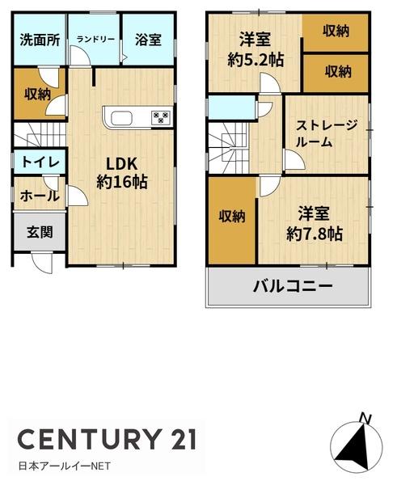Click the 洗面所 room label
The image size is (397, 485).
(x=40, y=40)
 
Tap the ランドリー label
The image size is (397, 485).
(x=95, y=40)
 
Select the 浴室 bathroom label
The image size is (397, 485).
(x=148, y=40)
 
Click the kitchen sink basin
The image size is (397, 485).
(x=121, y=119)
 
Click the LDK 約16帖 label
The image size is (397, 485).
(x=122, y=173)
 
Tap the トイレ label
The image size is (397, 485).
(x=40, y=162)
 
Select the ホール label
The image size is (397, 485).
(x=40, y=196)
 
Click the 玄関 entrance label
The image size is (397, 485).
(x=40, y=232)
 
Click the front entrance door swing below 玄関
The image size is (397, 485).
(x=43, y=263)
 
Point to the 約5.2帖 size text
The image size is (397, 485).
(x=256, y=60)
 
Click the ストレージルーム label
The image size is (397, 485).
(x=326, y=133)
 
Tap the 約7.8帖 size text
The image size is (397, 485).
(x=314, y=234)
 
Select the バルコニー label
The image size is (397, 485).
(x=293, y=287)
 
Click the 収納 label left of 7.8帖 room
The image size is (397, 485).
(x=232, y=216)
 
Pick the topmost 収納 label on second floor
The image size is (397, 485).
(x=336, y=32)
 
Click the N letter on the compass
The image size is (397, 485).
(x=365, y=418)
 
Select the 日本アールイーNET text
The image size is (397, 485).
(x=65, y=466)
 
